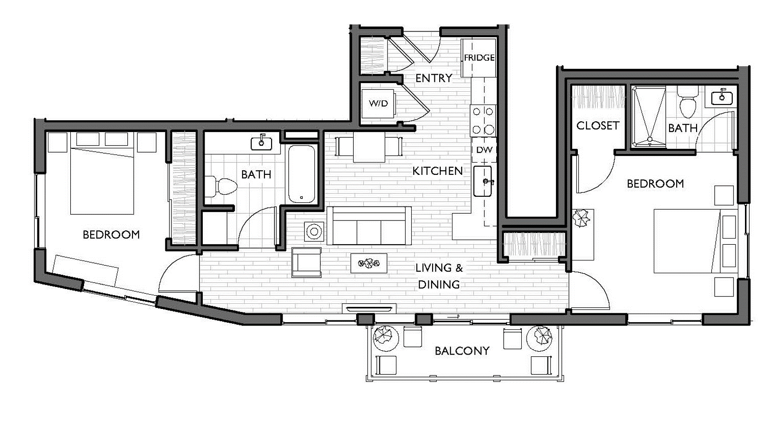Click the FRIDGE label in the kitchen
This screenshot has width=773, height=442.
479,58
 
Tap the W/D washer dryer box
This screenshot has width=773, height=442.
378,103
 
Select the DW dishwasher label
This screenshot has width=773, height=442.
484,150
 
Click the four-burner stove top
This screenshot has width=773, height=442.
482,120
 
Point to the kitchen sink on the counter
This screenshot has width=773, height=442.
484,181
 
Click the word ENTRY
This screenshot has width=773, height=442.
434,78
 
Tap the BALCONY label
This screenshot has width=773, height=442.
462,351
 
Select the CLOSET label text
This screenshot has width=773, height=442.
597,125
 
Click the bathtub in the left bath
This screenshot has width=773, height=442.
302,174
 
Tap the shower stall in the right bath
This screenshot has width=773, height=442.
648,116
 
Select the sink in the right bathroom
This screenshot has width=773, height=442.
722,97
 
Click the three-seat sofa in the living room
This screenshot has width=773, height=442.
369,226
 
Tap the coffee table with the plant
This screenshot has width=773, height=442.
368,263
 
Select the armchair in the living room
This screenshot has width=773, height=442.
306,262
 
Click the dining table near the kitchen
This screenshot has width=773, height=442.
368,146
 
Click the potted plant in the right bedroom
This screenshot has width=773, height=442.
580,219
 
